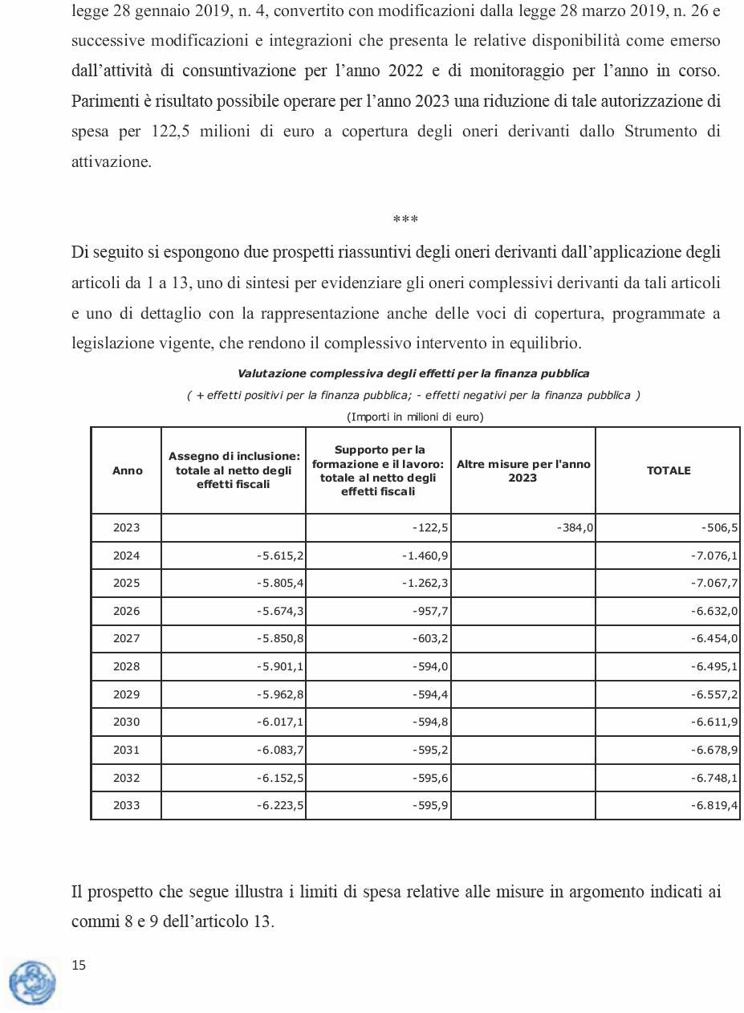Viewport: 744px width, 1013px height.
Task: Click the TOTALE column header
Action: [668, 470]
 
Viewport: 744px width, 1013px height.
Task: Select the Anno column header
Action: [127, 470]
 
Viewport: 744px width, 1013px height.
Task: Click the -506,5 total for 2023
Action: [719, 527]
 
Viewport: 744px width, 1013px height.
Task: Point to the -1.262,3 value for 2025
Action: [425, 583]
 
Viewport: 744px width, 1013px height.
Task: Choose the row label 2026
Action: [127, 611]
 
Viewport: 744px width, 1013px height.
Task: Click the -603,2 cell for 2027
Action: [429, 638]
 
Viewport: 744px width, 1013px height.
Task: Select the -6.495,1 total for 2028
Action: [714, 666]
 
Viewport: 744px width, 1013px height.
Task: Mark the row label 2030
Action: [127, 722]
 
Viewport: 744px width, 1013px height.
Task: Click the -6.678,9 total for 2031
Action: [714, 750]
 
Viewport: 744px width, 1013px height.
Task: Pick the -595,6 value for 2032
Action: [429, 777]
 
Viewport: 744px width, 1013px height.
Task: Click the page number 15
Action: [79, 966]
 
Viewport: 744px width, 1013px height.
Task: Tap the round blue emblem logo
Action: [33, 982]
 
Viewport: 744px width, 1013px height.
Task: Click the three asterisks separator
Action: [405, 219]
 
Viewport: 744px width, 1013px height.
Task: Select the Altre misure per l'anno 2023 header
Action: [523, 470]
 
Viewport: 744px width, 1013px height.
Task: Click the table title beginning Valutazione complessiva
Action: [413, 373]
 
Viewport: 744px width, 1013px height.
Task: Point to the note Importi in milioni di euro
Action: [414, 417]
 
